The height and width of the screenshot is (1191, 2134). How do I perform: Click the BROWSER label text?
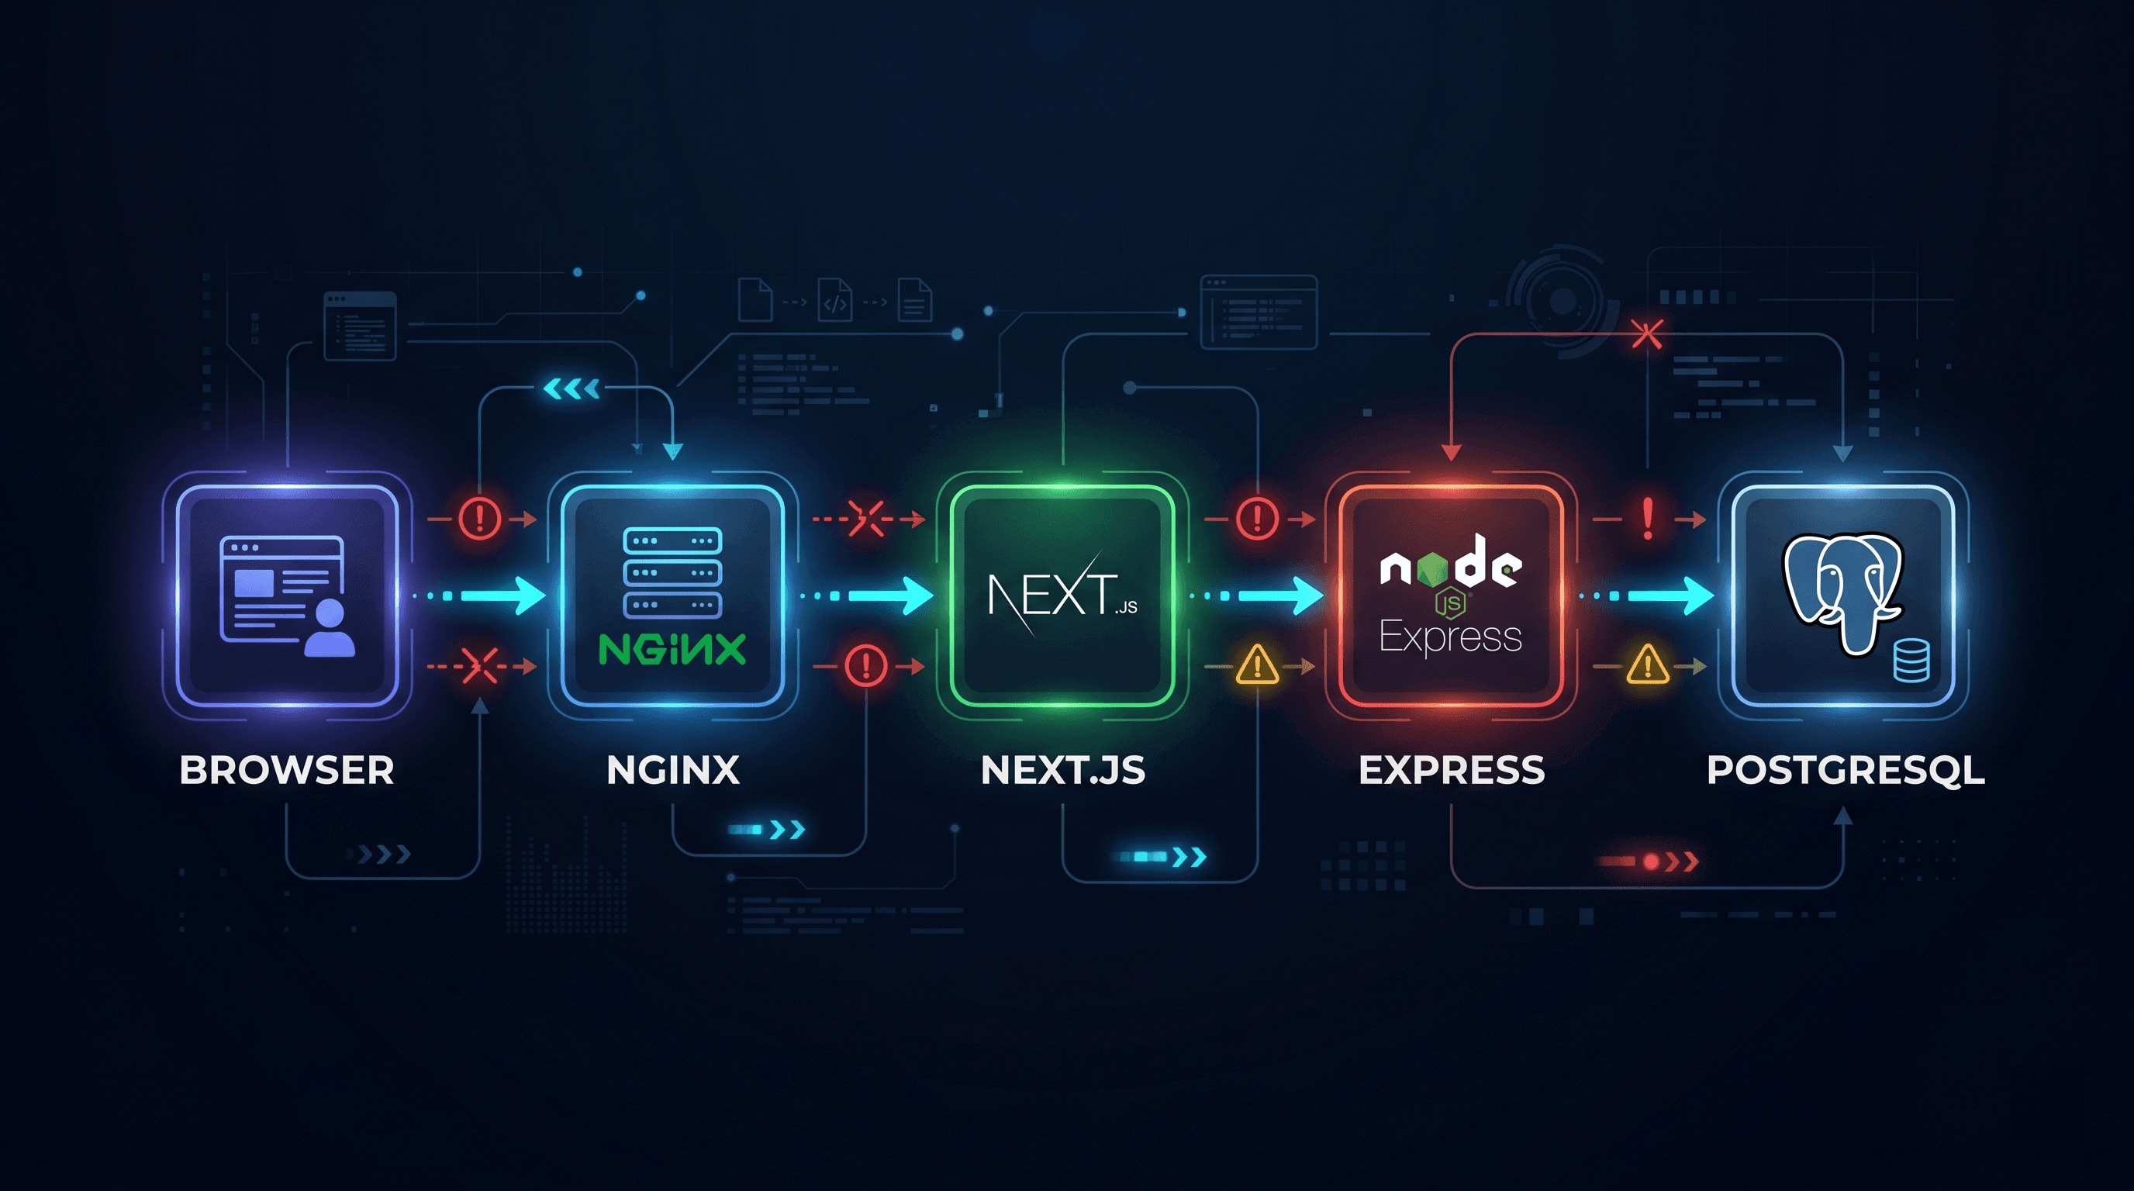287,770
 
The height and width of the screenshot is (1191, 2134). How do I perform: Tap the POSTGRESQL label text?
1846,770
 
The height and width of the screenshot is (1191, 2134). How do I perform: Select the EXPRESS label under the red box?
1452,770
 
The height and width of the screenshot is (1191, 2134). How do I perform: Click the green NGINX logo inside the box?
672,650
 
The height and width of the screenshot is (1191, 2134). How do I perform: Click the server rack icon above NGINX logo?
672,572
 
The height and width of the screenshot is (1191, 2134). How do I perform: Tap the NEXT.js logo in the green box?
1063,594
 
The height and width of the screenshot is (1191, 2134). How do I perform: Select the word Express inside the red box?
1451,637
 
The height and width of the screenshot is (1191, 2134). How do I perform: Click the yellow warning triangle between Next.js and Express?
1258,665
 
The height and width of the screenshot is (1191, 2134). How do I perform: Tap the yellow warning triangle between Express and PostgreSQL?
1648,665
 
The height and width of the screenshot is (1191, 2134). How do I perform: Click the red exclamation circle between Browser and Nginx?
480,519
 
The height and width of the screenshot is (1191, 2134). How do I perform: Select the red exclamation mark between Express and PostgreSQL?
1648,519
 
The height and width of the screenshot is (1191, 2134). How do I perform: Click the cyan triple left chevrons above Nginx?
571,388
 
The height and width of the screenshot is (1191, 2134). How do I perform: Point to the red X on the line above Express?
1646,335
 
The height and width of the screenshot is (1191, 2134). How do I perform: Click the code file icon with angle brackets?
835,300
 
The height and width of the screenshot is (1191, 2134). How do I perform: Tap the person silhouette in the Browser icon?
330,629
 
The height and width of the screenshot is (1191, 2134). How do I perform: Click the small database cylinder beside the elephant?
1911,661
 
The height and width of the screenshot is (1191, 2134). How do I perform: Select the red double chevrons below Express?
1682,862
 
